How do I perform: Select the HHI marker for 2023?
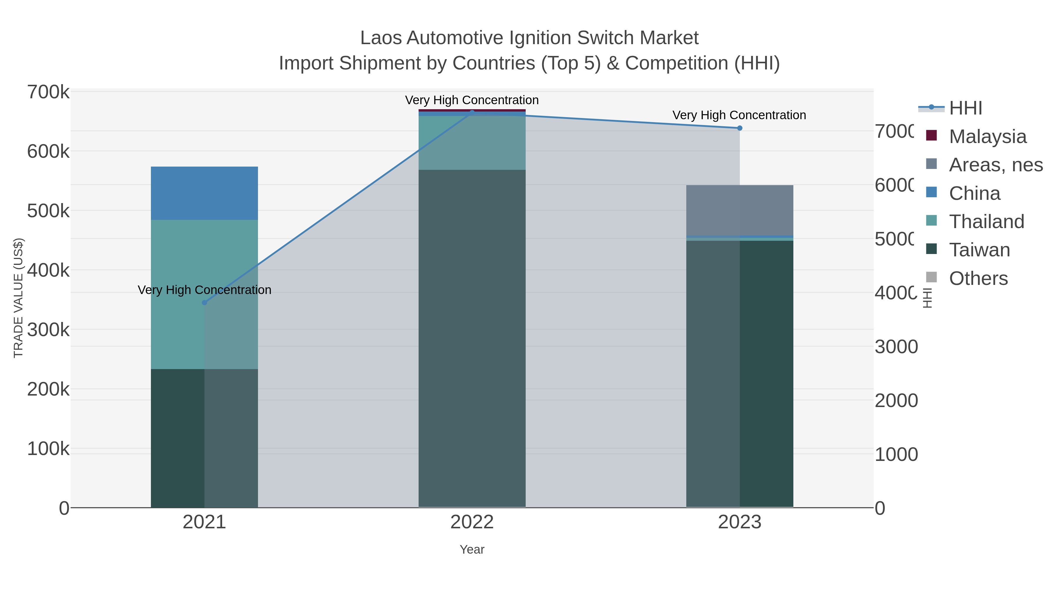(740, 128)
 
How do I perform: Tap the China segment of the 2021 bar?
(204, 193)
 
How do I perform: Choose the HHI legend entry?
(965, 108)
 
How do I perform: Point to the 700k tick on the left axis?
(48, 92)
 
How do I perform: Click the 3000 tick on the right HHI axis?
(896, 347)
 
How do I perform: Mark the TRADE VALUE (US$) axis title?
(19, 298)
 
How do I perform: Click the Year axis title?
(472, 549)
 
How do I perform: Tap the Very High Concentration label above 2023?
(739, 115)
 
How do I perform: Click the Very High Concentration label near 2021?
(204, 290)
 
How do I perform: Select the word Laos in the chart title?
(381, 38)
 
